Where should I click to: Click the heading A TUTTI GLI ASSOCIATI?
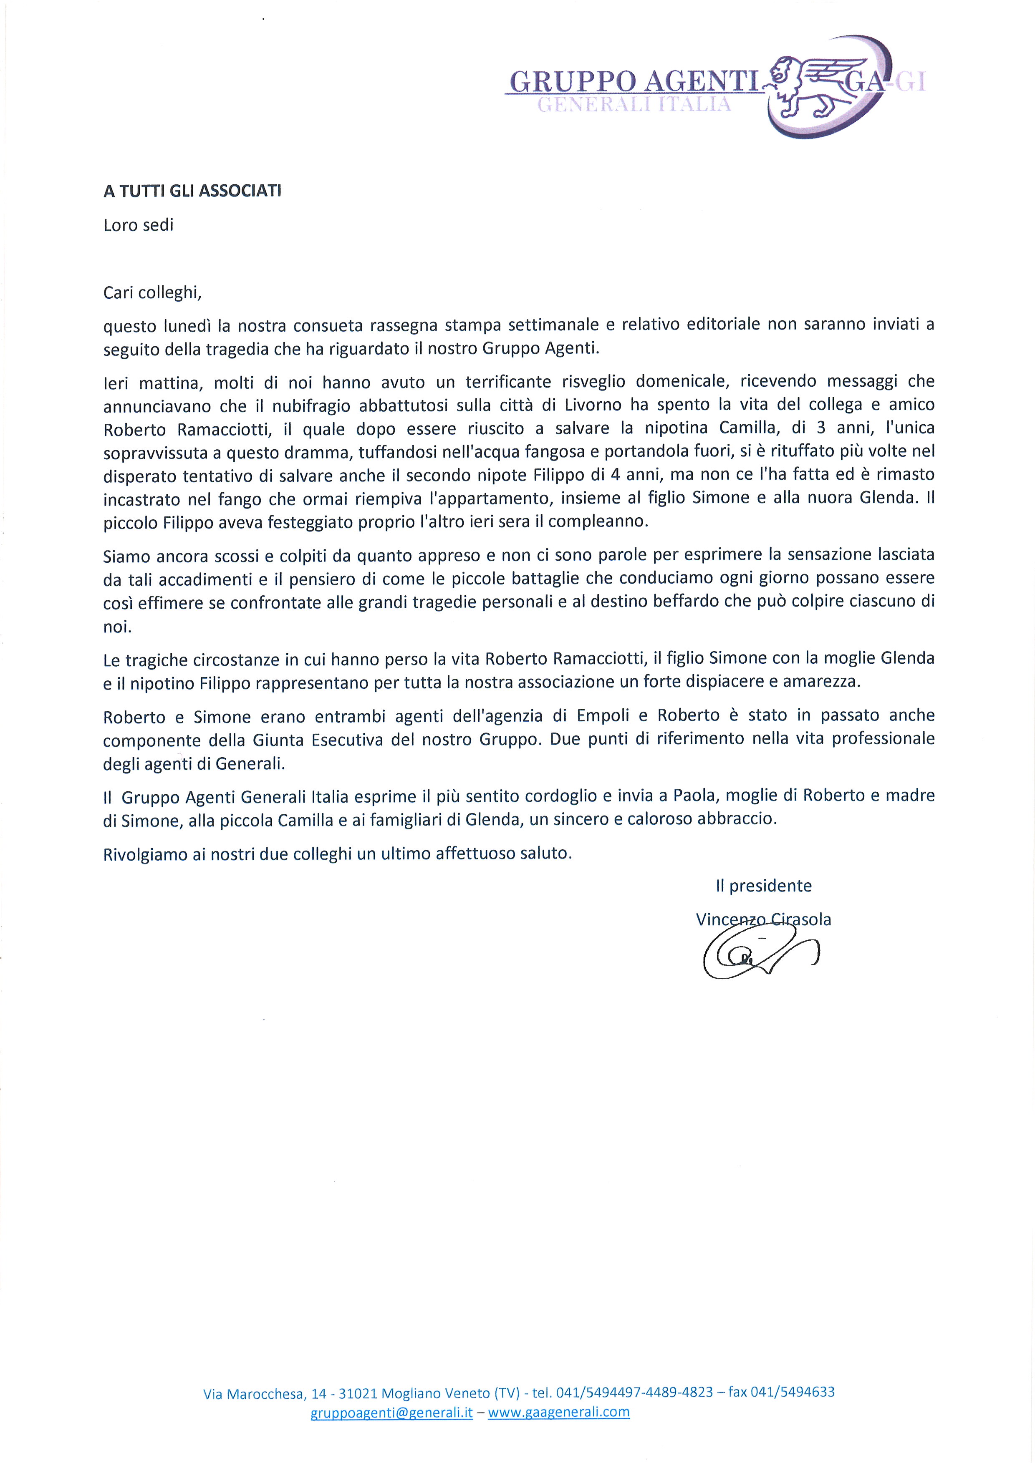click(192, 191)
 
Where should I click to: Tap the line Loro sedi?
click(138, 225)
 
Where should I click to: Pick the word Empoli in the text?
click(603, 715)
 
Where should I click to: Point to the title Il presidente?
click(763, 886)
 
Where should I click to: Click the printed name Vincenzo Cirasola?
click(763, 919)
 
